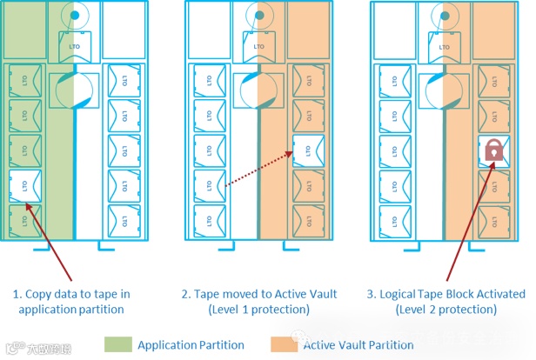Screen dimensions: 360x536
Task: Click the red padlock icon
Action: (x=492, y=151)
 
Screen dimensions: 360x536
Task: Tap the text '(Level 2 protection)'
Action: (x=452, y=309)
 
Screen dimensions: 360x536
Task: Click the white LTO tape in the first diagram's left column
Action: (x=21, y=184)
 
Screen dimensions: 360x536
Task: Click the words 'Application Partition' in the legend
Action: (x=191, y=344)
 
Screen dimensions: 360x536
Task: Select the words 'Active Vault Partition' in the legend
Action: (x=358, y=344)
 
